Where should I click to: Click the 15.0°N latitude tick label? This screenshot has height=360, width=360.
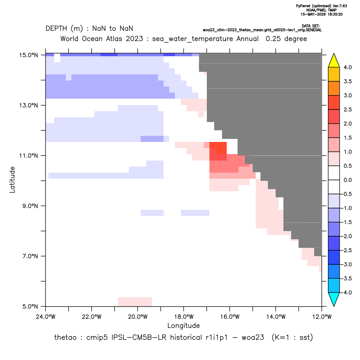[29, 55]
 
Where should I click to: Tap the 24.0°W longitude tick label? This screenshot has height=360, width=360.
[46, 317]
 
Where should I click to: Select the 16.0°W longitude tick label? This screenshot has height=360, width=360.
[230, 317]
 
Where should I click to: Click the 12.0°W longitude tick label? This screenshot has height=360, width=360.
[322, 317]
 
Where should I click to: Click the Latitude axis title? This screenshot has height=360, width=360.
[12, 180]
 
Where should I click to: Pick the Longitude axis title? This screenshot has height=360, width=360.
[183, 325]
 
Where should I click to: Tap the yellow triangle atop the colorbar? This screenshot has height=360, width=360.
[334, 61]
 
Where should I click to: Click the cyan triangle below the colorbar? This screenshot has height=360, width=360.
[334, 299]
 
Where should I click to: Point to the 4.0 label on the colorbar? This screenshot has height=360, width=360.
[347, 67]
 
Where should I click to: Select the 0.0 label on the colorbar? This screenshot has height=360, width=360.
[347, 180]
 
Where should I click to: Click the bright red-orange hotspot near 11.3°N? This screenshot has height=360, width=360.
[218, 148]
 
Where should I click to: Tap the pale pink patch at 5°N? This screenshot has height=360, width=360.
[135, 302]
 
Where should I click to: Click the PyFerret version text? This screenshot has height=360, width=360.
[321, 6]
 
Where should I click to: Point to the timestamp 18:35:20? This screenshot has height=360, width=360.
[334, 14]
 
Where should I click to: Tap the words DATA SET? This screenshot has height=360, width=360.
[311, 26]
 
